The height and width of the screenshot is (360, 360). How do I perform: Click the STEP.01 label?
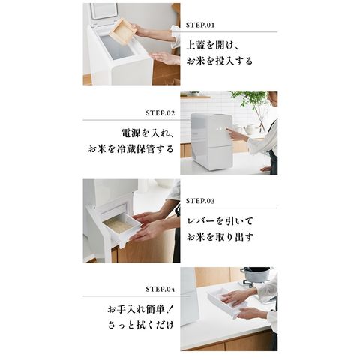[200, 25]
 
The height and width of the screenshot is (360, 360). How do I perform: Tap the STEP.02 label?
[160, 113]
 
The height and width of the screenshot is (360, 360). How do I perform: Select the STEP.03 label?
[200, 201]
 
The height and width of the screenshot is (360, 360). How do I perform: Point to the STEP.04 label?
[160, 289]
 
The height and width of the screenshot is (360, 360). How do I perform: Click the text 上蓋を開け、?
[213, 46]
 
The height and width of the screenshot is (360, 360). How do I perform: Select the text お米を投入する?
[220, 61]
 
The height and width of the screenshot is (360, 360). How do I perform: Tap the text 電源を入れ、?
[148, 133]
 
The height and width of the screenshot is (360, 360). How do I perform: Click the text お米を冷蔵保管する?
[130, 149]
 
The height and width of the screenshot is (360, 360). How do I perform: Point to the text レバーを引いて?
[220, 221]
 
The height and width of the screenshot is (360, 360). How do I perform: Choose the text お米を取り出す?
[220, 237]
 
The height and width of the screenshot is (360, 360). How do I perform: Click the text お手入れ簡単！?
[140, 310]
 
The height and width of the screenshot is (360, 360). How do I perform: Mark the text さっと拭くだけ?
[141, 325]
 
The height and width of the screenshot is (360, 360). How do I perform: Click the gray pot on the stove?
[256, 274]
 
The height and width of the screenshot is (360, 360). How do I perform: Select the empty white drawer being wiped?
[226, 303]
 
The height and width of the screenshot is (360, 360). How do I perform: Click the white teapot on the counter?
[250, 130]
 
